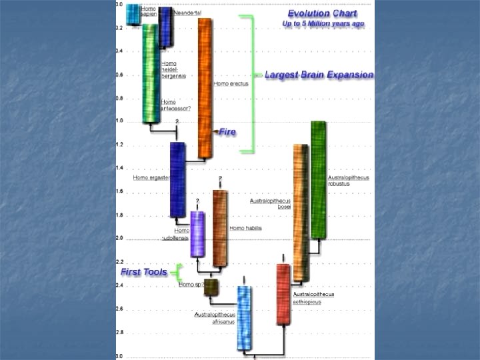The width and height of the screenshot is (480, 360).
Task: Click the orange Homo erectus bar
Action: [205, 87]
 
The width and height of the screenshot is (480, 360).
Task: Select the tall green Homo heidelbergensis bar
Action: [151, 73]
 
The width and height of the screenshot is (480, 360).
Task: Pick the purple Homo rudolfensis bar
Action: [197, 233]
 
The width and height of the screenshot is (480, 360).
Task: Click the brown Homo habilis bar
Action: [219, 227]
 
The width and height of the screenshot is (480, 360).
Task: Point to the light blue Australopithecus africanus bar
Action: [245, 317]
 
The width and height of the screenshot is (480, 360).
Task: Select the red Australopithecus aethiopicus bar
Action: [283, 293]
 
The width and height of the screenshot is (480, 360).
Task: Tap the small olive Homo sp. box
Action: [211, 287]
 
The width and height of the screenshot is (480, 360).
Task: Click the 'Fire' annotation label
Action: [227, 132]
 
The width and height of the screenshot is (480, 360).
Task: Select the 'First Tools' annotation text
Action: [143, 272]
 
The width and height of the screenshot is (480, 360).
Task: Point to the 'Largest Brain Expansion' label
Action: [319, 75]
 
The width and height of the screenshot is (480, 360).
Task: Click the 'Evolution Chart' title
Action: [322, 13]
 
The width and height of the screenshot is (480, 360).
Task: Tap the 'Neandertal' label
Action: [187, 13]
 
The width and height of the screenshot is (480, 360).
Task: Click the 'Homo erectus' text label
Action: [231, 84]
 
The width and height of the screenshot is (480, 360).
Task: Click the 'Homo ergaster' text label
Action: [151, 177]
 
